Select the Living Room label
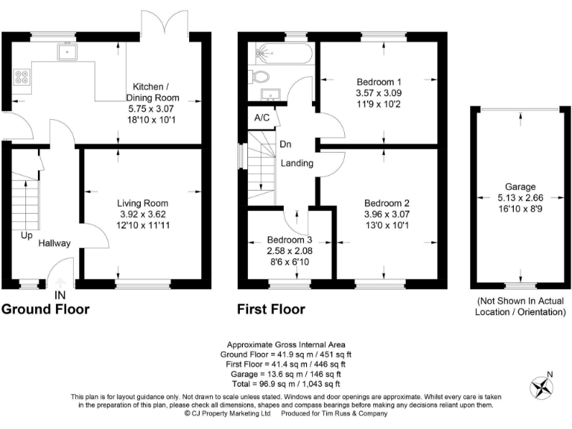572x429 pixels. (x=142, y=203)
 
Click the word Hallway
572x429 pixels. (x=55, y=243)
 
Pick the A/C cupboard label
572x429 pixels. (x=261, y=118)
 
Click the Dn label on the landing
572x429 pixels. (x=285, y=144)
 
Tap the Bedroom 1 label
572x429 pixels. (x=378, y=81)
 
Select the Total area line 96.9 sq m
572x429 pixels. (x=287, y=384)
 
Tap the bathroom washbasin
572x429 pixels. (x=270, y=94)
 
